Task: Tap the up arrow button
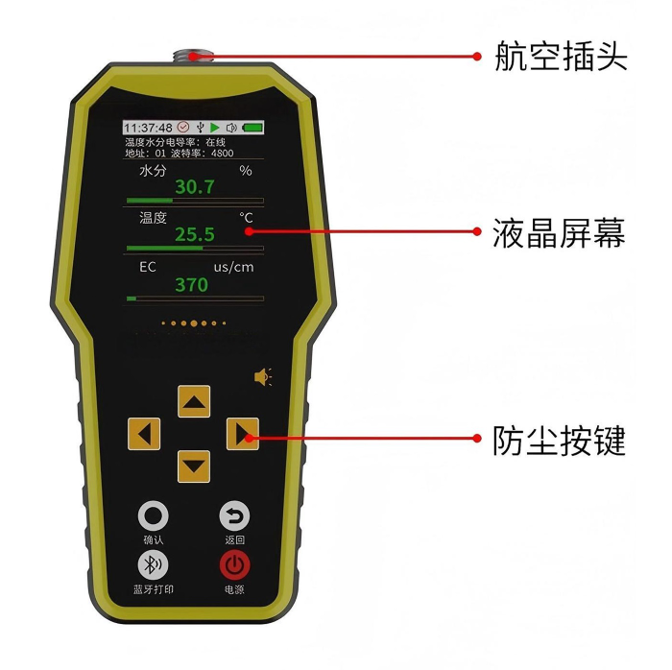pos(194,401)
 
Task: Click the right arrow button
pos(243,434)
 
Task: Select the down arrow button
pos(194,467)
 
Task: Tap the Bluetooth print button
pos(153,565)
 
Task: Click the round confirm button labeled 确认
pos(153,515)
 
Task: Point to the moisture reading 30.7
pos(195,187)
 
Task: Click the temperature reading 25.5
pos(195,234)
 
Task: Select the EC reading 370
pos(192,285)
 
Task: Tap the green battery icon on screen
pos(252,128)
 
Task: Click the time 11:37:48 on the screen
pos(148,128)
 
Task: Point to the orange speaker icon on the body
pos(263,377)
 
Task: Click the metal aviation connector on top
pos(193,56)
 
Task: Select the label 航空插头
pos(561,56)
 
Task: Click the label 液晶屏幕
pos(559,232)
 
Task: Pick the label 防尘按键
pos(559,440)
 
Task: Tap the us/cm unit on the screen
pos(233,267)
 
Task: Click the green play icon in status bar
pos(215,128)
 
